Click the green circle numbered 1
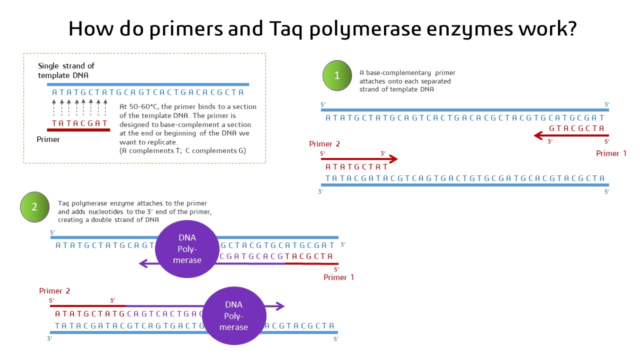click(337, 75)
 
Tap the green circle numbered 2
click(34, 207)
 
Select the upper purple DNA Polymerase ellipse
click(187, 249)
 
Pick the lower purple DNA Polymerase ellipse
click(233, 315)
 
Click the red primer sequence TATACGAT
click(80, 123)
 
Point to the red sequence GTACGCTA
click(577, 128)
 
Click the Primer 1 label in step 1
click(611, 153)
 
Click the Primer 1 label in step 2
click(338, 277)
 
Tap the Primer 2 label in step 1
click(324, 144)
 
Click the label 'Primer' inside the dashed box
click(48, 139)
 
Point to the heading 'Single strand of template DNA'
click(66, 70)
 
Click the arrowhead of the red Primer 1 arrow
click(538, 135)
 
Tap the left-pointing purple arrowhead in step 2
click(142, 263)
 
